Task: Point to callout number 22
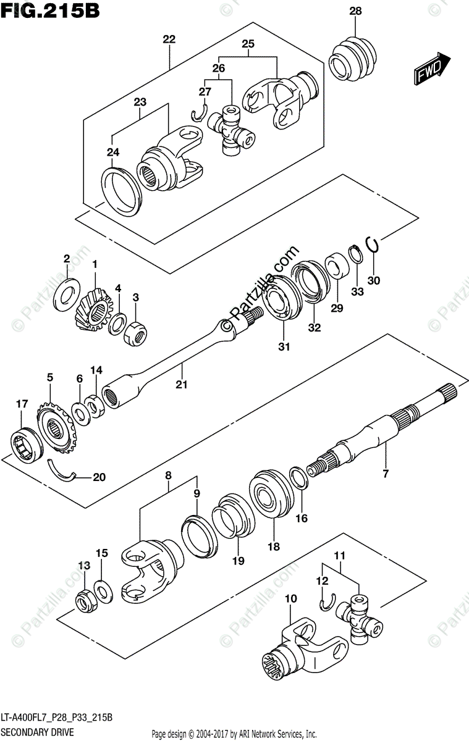tap(169, 40)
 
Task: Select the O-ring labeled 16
tap(297, 477)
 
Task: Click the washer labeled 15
tap(103, 590)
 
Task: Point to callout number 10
tap(291, 599)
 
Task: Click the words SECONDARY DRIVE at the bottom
tap(38, 732)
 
